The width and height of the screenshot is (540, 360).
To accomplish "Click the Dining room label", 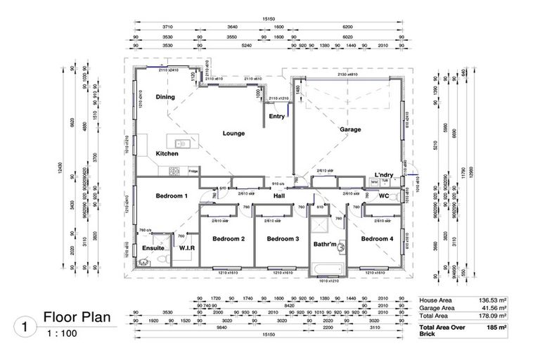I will pyautogui.click(x=165, y=97).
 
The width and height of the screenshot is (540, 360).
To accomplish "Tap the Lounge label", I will pyautogui.click(x=233, y=133).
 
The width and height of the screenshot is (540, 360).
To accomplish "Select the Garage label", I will pyautogui.click(x=350, y=129).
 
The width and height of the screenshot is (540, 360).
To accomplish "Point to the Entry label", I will pyautogui.click(x=277, y=117).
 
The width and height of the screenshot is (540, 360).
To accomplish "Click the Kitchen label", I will pyautogui.click(x=167, y=153).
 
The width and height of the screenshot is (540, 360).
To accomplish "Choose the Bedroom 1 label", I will pyautogui.click(x=171, y=195).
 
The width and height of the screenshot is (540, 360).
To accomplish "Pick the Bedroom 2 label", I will pyautogui.click(x=229, y=239).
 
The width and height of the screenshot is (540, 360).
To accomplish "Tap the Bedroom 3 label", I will pyautogui.click(x=283, y=239).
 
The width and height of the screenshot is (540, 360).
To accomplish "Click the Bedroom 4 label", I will pyautogui.click(x=378, y=239).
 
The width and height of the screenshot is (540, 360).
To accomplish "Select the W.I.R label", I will pyautogui.click(x=187, y=247).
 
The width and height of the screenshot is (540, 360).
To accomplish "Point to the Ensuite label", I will pyautogui.click(x=153, y=248).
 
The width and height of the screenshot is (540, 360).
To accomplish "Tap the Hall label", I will pyautogui.click(x=278, y=196).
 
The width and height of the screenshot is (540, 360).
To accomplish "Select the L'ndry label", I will pyautogui.click(x=383, y=174).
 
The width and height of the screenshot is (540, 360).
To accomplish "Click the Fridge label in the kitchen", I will pyautogui.click(x=193, y=171).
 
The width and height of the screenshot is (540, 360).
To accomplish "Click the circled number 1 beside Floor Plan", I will pyautogui.click(x=26, y=326).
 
